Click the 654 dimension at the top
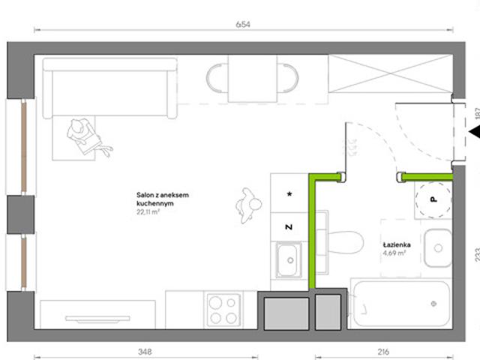243,24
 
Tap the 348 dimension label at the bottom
145,352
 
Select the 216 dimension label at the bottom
383,352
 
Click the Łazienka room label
397,244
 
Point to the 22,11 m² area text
148,211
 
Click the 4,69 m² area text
394,253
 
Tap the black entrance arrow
474,132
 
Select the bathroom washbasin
438,248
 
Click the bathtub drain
433,304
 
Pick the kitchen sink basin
287,260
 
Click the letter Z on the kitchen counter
289,226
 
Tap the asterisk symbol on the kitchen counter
289,193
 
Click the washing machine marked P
433,200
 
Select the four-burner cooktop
223,310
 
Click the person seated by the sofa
88,136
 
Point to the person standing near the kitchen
248,205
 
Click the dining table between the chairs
253,79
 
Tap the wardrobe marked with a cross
390,73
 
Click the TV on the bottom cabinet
97,319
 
